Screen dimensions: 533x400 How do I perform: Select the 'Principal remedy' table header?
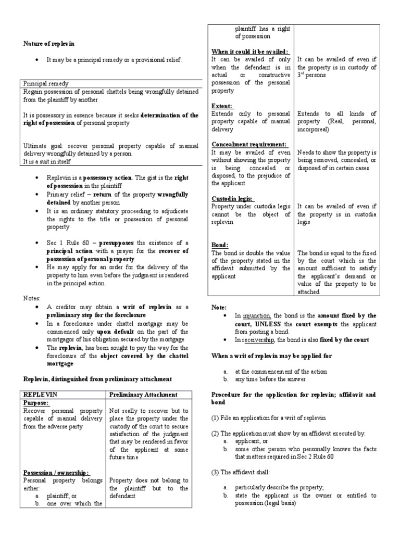[46, 83]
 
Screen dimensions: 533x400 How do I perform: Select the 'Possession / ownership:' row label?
[57, 473]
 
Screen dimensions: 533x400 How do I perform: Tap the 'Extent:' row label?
[222, 106]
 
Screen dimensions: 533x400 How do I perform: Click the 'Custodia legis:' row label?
[232, 198]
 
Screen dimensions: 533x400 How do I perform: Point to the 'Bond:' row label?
[220, 245]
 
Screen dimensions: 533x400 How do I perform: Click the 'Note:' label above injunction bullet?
[219, 308]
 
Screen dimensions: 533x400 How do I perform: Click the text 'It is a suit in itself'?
[48, 162]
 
